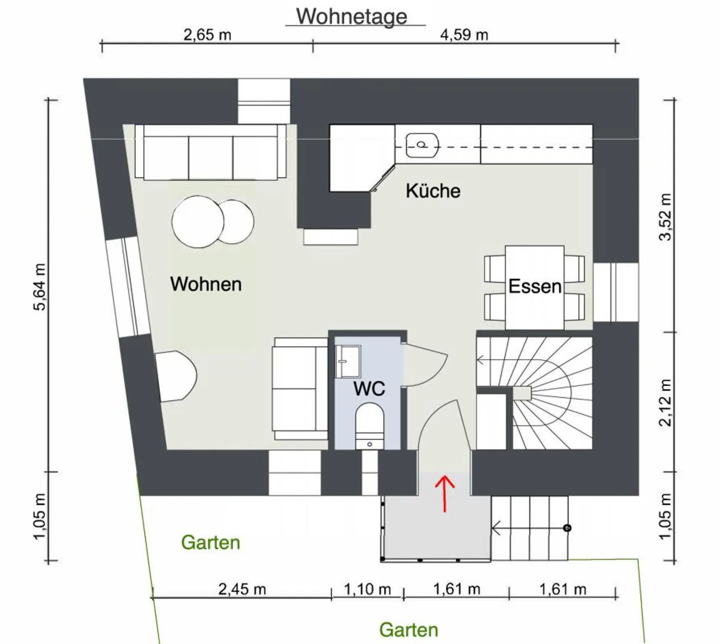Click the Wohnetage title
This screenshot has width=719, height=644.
pos(352,16)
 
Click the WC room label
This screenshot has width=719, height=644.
pos(369,388)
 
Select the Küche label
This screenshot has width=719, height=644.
pos(433,191)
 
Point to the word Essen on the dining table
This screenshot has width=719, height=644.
pos(535,287)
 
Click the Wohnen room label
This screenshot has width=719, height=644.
pos(206,284)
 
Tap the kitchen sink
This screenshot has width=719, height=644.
pos(422,145)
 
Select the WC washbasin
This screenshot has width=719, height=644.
pos(348,361)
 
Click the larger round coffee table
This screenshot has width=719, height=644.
pos(198,222)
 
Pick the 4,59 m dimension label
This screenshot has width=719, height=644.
pos(464,35)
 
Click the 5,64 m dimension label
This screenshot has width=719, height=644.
pos(39,287)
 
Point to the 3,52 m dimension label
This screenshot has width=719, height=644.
pos(665,217)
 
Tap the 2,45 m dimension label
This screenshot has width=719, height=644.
pos(242,589)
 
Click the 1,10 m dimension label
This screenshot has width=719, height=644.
pos(367,589)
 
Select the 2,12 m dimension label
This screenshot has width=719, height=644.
pos(665,402)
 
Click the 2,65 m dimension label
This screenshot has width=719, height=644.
pos(207,35)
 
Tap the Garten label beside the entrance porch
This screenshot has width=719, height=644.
pos(211,543)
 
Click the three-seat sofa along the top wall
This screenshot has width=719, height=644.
pos(211,152)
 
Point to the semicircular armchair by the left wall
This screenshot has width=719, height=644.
pos(176,376)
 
